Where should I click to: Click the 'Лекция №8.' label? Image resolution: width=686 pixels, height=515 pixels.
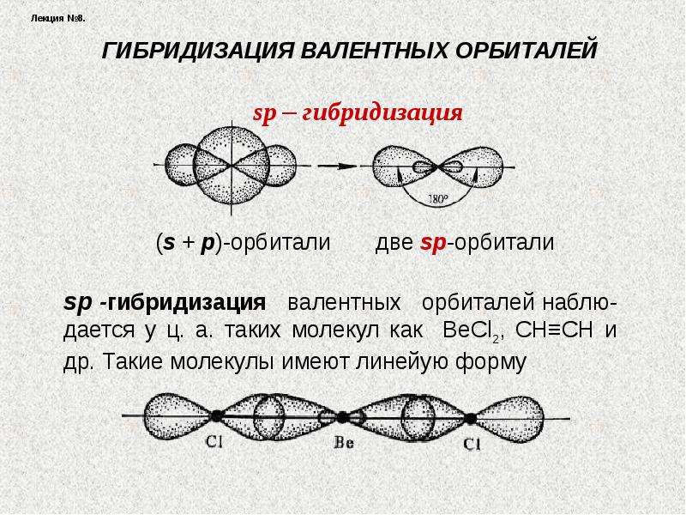[x=58, y=18]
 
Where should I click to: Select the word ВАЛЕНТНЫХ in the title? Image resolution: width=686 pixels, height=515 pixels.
[x=375, y=51]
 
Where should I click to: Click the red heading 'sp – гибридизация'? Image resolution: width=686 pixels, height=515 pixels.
[x=358, y=113]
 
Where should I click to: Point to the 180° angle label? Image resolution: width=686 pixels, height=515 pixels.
[x=437, y=199]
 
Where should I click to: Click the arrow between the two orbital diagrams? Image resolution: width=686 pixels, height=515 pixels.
[x=337, y=167]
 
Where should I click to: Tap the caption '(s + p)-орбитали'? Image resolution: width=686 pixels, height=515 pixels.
[x=244, y=242]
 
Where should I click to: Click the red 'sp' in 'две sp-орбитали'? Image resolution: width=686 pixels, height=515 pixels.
[x=433, y=243]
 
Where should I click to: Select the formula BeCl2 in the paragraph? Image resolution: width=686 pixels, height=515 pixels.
[x=472, y=330]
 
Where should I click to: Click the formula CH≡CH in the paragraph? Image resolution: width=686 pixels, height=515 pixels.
[x=554, y=330]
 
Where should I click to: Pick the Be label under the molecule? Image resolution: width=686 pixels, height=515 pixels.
[x=344, y=443]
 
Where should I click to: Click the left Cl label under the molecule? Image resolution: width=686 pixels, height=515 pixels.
[x=214, y=441]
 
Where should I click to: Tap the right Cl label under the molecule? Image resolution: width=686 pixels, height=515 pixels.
[x=472, y=445]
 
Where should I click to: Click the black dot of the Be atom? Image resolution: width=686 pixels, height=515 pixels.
[x=342, y=417]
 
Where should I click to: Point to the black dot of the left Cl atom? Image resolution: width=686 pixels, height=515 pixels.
[x=216, y=416]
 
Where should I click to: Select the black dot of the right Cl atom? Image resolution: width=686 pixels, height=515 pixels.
[x=470, y=419]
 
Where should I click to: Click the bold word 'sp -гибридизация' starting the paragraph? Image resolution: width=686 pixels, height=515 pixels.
[x=165, y=303]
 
